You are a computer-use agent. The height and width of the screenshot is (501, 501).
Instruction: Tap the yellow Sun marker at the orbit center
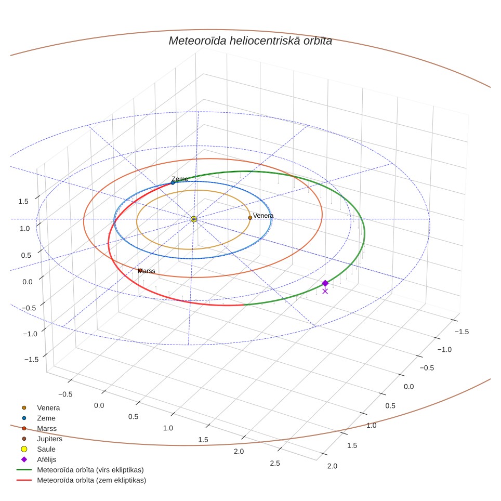pyautogui.click(x=194, y=219)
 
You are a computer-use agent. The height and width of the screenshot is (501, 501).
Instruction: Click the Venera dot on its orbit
pyautogui.click(x=250, y=218)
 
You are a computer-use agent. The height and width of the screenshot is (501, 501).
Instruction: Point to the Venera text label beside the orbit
pyautogui.click(x=263, y=216)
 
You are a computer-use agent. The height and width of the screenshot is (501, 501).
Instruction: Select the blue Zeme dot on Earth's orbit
pyautogui.click(x=173, y=183)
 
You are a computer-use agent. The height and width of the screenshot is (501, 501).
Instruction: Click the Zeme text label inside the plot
pyautogui.click(x=180, y=179)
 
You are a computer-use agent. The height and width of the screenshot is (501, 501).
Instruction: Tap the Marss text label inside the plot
pyautogui.click(x=147, y=271)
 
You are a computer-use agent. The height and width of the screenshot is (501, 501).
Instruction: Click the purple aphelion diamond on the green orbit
pyautogui.click(x=325, y=283)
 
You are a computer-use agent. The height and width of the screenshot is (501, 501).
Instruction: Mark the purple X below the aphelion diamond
pyautogui.click(x=325, y=291)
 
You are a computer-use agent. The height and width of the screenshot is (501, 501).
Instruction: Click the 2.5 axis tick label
pyautogui.click(x=275, y=463)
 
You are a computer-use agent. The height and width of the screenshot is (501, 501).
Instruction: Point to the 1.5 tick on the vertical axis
pyautogui.click(x=23, y=201)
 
